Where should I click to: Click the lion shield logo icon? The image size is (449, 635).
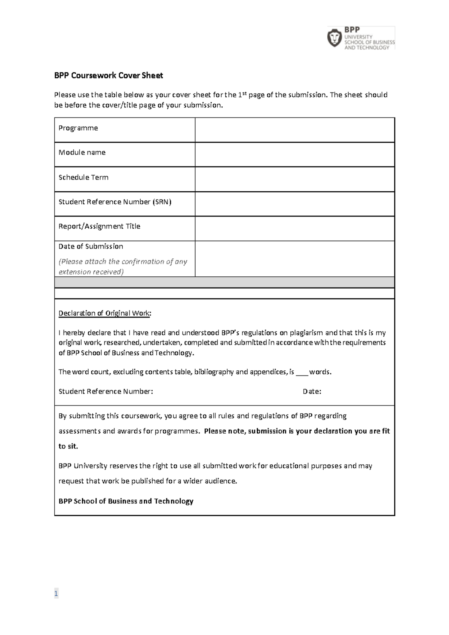tap(335, 38)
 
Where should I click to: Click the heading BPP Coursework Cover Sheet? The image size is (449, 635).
tap(109, 76)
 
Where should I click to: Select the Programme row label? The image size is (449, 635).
tap(78, 128)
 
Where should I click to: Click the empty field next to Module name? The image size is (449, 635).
tap(294, 154)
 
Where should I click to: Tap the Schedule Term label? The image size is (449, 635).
tap(83, 177)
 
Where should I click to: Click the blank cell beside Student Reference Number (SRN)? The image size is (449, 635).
tap(294, 204)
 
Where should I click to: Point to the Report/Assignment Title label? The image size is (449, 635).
tap(99, 226)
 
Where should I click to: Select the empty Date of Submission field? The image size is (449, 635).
tap(294, 259)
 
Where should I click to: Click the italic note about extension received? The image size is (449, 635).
tap(123, 267)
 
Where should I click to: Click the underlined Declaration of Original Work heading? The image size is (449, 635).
tap(105, 313)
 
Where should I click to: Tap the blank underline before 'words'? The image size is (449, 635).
tap(302, 373)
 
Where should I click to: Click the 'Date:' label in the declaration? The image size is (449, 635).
tap(312, 392)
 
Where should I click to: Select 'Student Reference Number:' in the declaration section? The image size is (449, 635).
tap(106, 392)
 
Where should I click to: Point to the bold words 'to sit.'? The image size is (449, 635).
tap(68, 446)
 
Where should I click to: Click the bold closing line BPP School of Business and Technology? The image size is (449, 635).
tap(126, 501)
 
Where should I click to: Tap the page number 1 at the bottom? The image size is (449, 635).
tap(56, 593)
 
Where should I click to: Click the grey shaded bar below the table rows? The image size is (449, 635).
tap(224, 282)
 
